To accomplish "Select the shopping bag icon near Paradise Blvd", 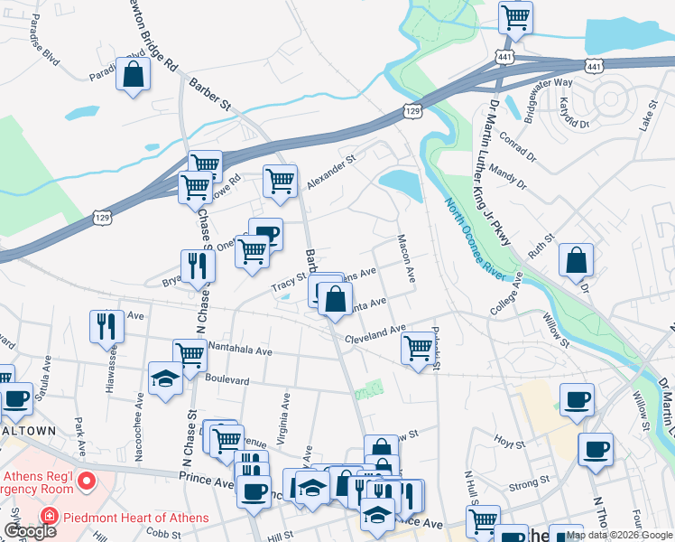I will point(134,76).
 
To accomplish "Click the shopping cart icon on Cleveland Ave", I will point(418,348).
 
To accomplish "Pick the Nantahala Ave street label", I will point(240,350).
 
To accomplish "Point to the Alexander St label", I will point(331,169).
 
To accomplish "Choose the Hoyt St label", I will point(509,443).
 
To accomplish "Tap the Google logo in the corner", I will point(31,531).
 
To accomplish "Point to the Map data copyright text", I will point(619,535).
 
